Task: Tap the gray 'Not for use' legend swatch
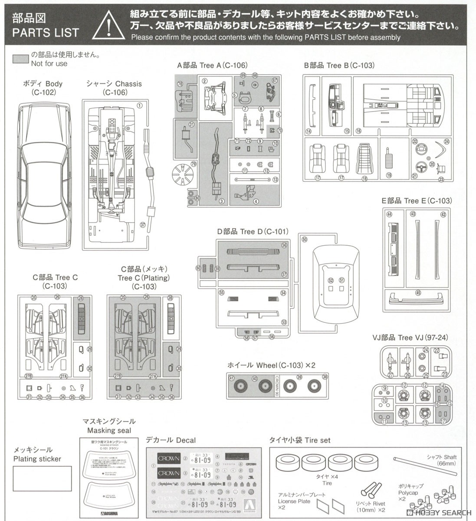coord(21,59)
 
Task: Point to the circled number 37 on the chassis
coord(143,224)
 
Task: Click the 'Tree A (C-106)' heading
coord(212,65)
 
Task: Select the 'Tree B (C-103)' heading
coord(339,65)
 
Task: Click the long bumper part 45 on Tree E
coord(417,298)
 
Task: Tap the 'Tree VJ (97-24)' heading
coord(410,338)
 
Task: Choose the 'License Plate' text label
coord(294,501)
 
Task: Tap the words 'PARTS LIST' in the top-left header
coord(46,33)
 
